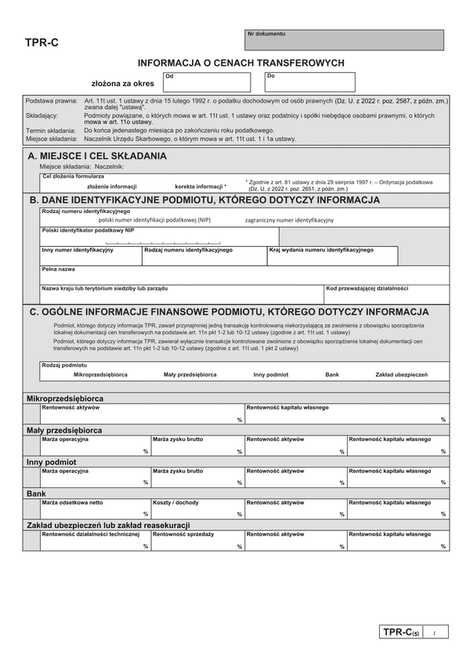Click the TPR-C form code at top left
(x=42, y=45)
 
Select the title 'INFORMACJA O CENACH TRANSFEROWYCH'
(x=241, y=63)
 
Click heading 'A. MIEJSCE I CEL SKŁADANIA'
(x=97, y=156)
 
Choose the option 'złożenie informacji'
(x=111, y=186)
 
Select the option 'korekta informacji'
(x=201, y=186)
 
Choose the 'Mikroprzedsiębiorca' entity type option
(x=100, y=375)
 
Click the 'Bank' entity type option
(x=332, y=375)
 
